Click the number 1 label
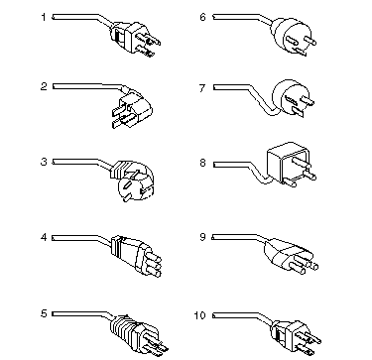coord(44,17)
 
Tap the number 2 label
coord(44,86)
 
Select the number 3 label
coord(44,163)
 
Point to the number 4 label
coord(44,237)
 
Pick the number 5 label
coord(44,313)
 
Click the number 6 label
coord(202,17)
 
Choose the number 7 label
coord(202,88)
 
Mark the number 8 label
coord(202,163)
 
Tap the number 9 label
coord(202,237)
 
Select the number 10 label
coord(200,315)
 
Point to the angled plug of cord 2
coord(132,107)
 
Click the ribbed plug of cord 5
coord(137,332)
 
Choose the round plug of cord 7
coord(291,97)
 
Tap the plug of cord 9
coord(288,256)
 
